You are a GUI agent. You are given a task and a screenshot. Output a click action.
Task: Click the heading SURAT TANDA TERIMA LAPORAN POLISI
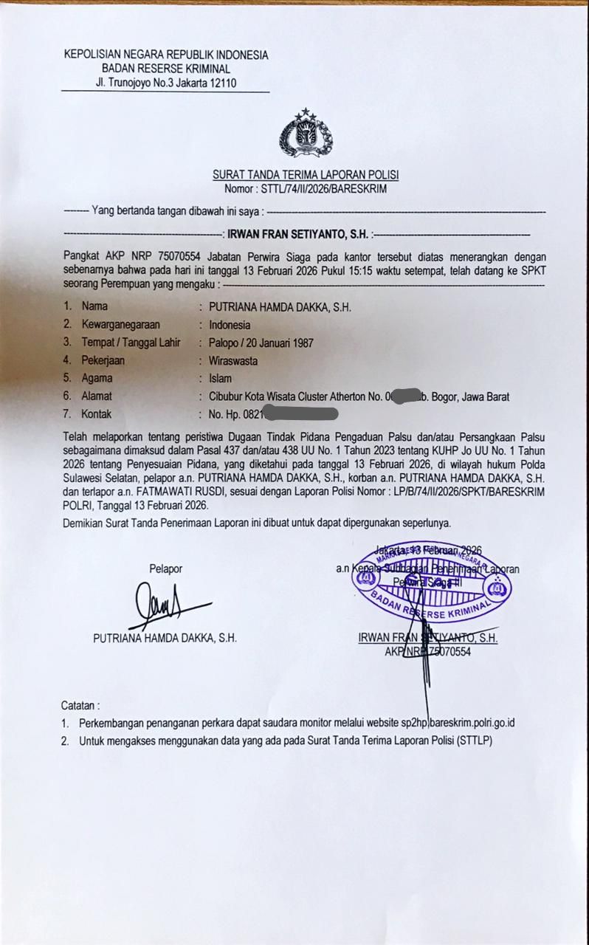(x=306, y=175)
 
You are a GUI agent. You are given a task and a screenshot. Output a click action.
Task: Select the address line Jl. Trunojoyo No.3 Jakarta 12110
(x=165, y=83)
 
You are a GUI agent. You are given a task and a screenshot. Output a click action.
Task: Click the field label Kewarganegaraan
(x=121, y=324)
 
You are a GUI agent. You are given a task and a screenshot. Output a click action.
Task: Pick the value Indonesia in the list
(x=230, y=324)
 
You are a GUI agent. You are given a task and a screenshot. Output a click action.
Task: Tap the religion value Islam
(x=220, y=378)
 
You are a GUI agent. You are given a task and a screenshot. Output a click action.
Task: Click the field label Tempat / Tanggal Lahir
(x=131, y=343)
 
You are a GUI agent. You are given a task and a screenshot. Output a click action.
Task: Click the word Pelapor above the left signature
(x=165, y=568)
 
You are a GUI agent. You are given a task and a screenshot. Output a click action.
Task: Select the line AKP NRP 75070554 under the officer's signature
(x=427, y=652)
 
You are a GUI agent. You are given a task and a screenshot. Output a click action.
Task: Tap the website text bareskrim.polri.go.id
(x=472, y=723)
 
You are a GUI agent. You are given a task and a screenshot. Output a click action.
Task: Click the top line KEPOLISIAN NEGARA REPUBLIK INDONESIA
(x=165, y=55)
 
